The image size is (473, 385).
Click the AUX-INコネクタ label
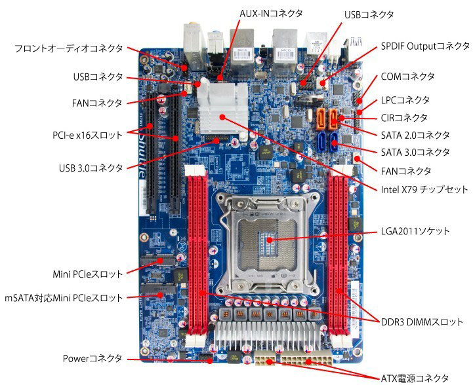(270, 13)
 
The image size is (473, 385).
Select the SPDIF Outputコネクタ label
(425, 46)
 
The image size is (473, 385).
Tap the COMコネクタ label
(407, 77)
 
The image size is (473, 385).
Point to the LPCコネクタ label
(405, 100)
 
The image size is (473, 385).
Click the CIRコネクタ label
(404, 118)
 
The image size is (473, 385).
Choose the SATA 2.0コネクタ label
(415, 135)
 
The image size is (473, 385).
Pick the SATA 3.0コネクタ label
(415, 153)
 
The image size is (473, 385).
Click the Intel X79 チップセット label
(424, 189)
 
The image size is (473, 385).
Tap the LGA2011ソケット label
(415, 231)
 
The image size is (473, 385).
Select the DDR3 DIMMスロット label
(422, 321)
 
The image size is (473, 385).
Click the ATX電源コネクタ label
(415, 378)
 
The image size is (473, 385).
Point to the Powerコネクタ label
(93, 359)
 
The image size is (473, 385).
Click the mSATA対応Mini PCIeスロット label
(64, 298)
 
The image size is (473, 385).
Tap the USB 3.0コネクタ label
(91, 168)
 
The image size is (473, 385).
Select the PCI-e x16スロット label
(87, 135)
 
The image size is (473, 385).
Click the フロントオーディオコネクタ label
(69, 48)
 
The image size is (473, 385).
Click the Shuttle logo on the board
(142, 159)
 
